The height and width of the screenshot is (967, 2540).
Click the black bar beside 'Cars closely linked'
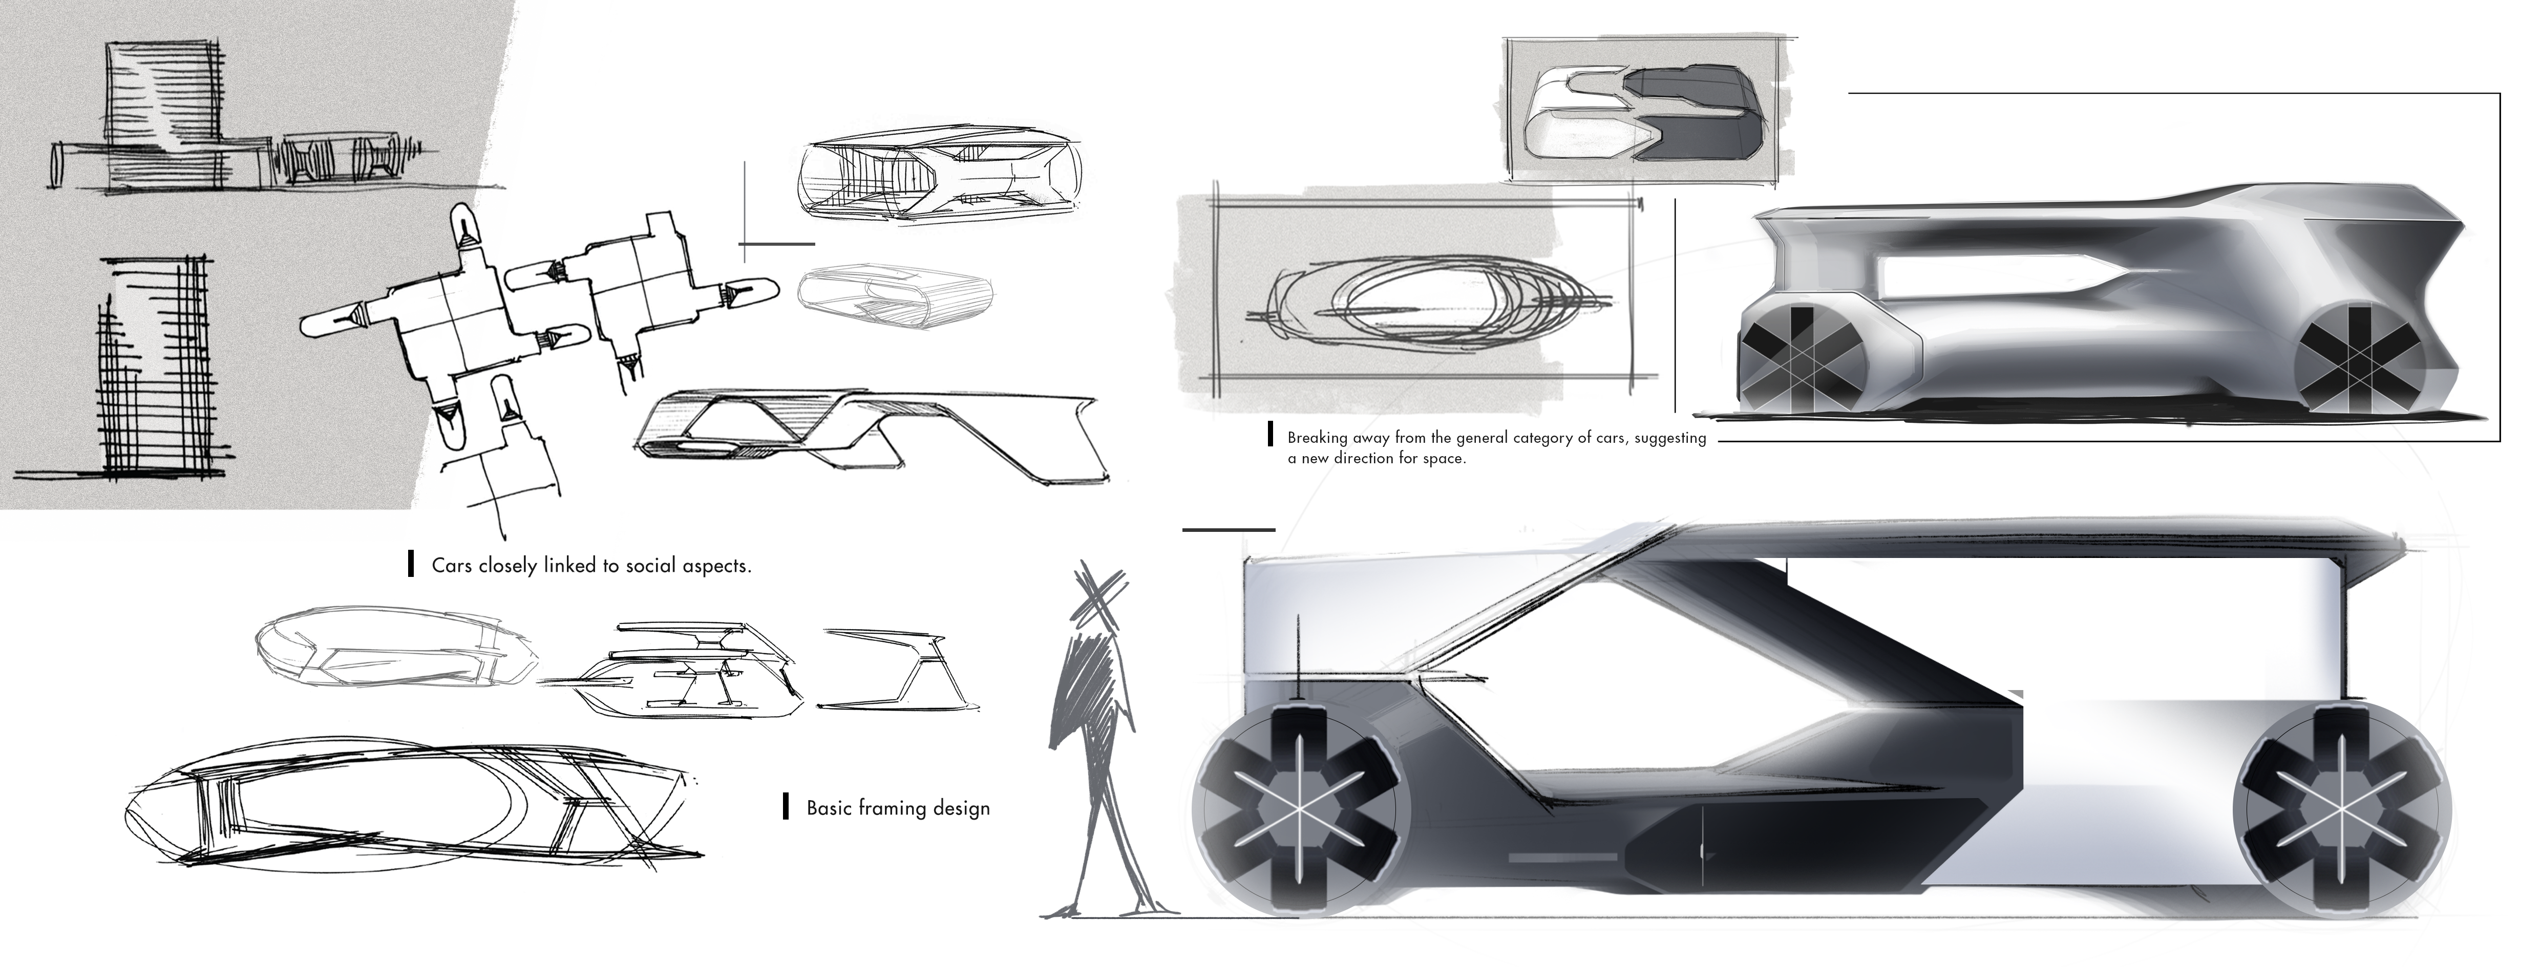click(410, 565)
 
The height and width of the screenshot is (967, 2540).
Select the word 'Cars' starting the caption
click(452, 566)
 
